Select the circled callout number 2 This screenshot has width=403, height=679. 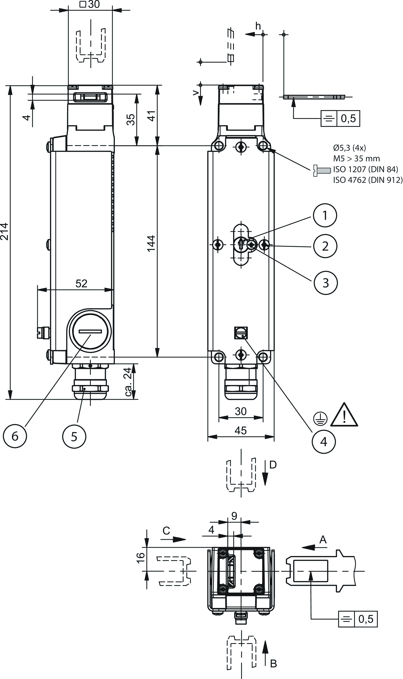click(x=325, y=246)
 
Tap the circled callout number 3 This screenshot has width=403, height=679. click(x=326, y=283)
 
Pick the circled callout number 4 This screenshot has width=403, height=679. click(x=323, y=442)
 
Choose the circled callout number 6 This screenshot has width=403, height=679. click(x=15, y=436)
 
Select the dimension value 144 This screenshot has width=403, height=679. click(x=151, y=243)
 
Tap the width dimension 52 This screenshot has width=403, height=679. click(x=81, y=284)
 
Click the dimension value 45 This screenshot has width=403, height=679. click(x=241, y=430)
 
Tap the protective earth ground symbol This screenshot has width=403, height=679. click(x=320, y=419)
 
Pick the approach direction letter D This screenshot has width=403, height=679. click(x=273, y=465)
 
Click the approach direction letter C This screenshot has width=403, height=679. click(x=166, y=531)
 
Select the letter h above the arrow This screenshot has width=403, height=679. click(x=258, y=26)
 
